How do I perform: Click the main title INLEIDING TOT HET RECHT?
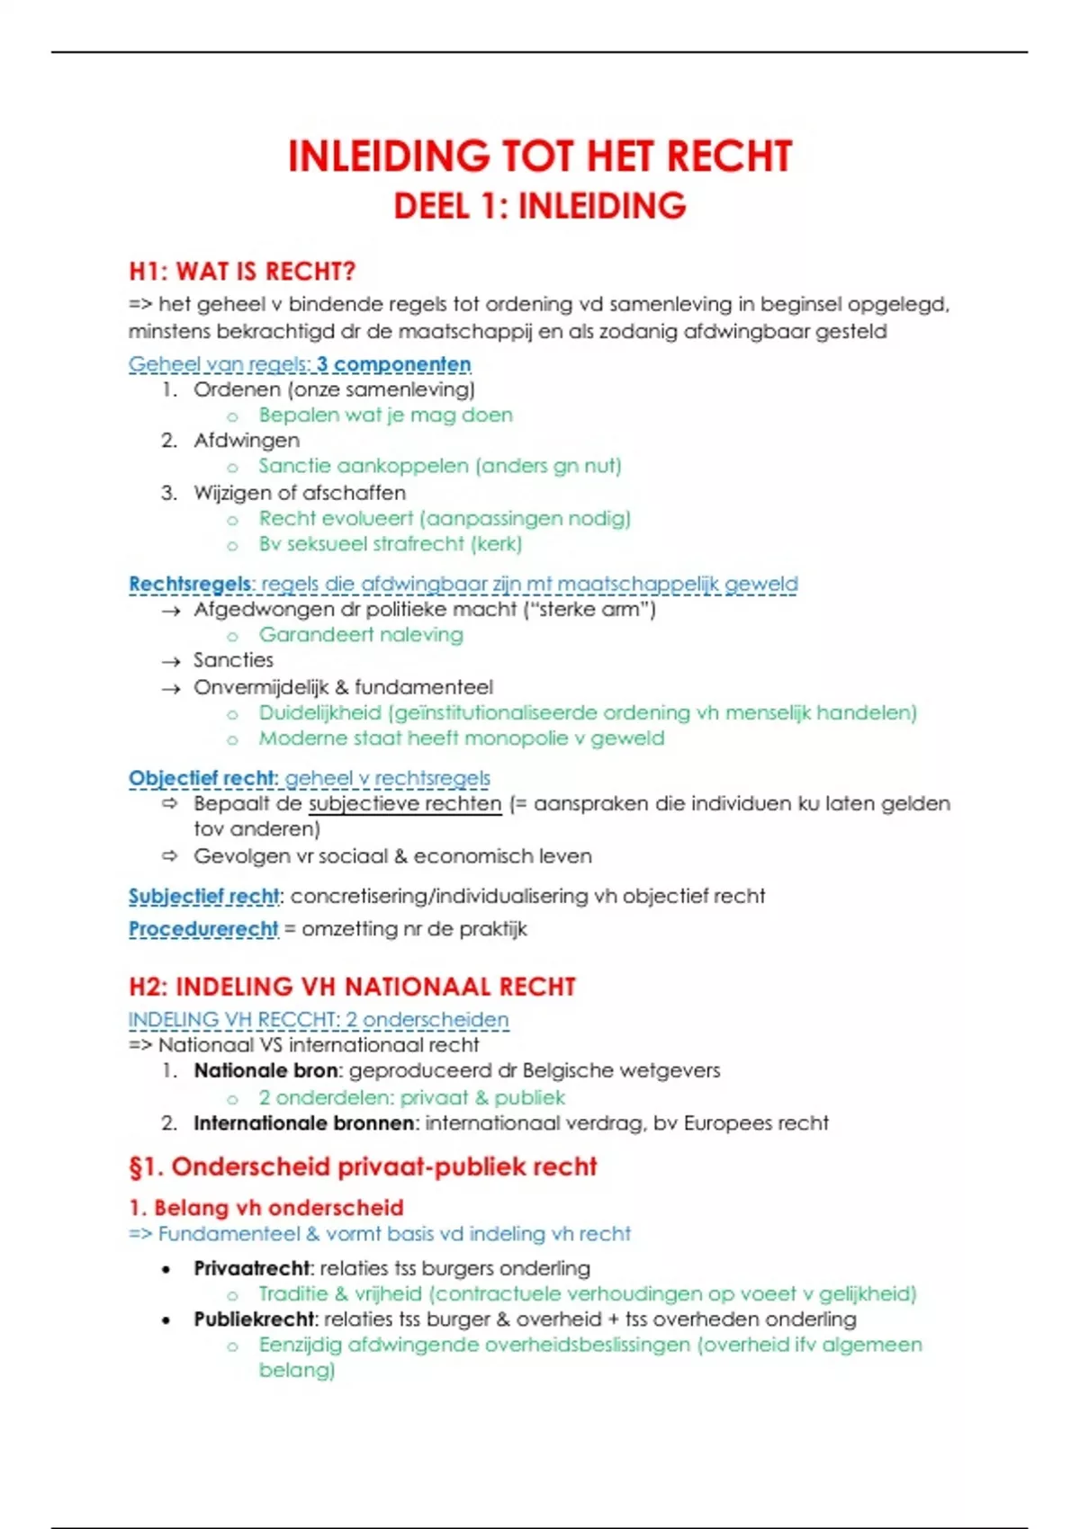pos(539,156)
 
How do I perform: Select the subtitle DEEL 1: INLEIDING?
pos(539,206)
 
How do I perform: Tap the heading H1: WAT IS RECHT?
pos(242,271)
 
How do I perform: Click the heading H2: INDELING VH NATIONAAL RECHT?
pos(352,987)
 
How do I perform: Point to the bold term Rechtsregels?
pos(190,584)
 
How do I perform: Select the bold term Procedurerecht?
pos(203,928)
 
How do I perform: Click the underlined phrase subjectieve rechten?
pos(405,803)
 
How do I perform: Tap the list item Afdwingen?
pos(247,440)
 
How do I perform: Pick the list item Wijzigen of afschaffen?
pos(300,492)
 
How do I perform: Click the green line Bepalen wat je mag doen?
pos(385,415)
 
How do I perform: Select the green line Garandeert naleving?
pos(361,634)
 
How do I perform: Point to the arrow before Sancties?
pos(171,661)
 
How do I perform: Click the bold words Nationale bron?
pos(266,1070)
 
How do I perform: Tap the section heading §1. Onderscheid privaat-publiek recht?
pos(363,1167)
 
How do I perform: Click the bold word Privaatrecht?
pos(253,1268)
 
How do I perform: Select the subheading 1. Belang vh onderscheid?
pos(266,1207)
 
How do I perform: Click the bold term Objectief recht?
pos(202,778)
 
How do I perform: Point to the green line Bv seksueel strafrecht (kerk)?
pos(390,543)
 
